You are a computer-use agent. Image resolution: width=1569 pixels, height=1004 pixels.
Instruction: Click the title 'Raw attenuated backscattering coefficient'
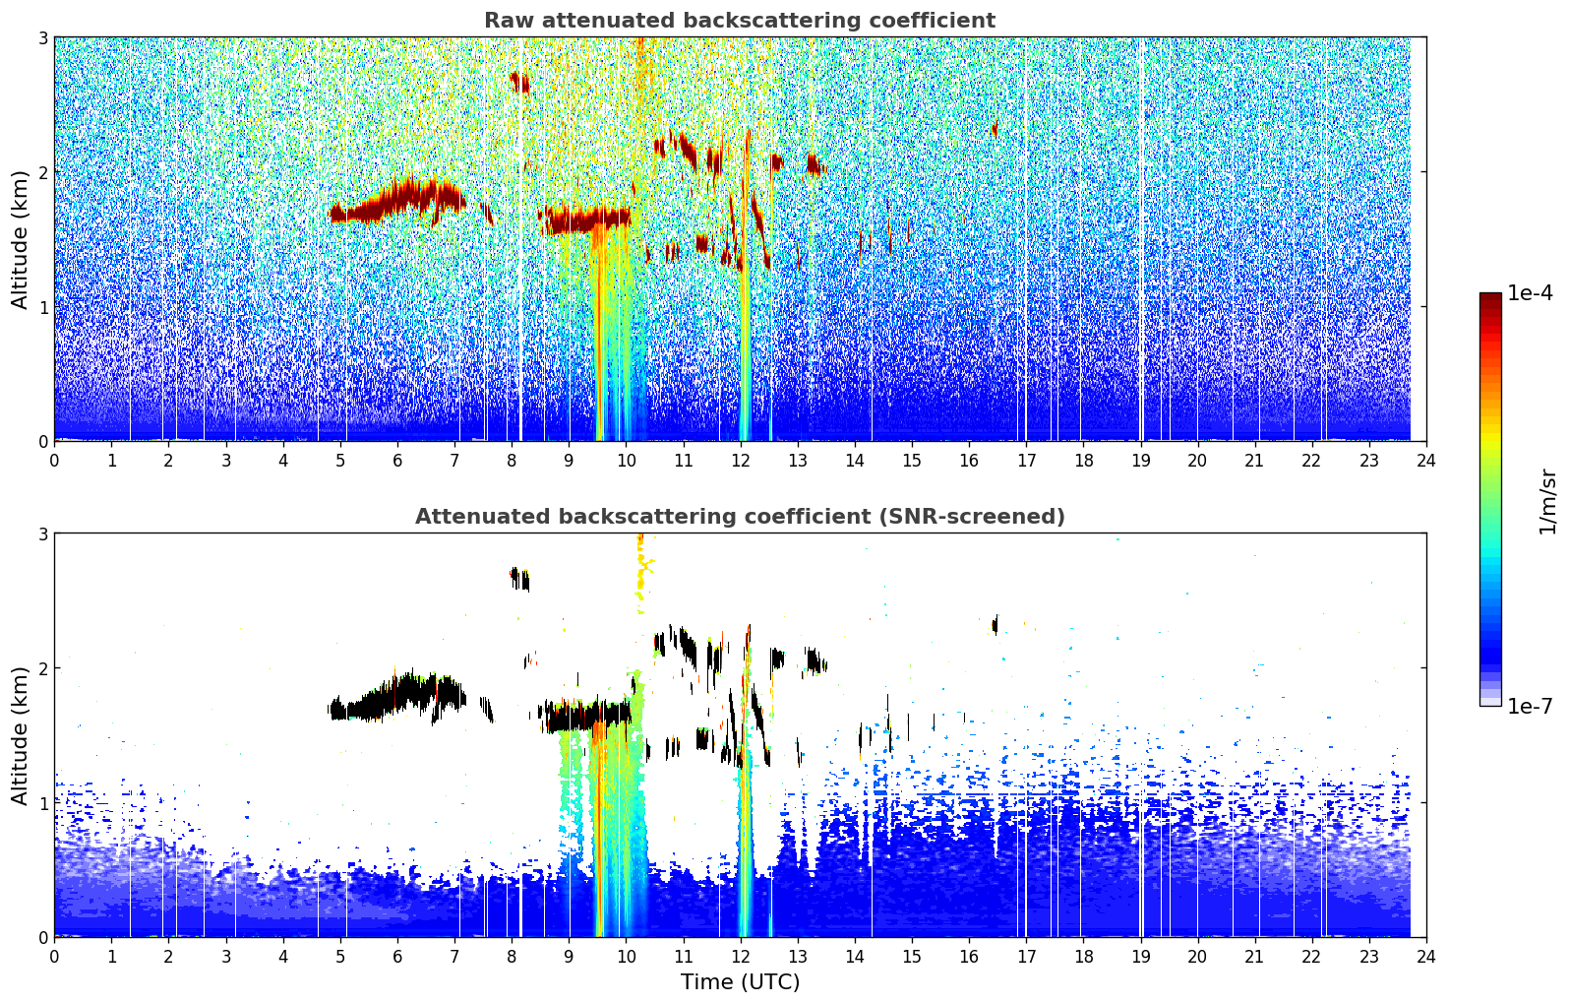coord(740,21)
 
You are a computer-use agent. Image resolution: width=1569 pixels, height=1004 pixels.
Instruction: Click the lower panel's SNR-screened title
coord(740,517)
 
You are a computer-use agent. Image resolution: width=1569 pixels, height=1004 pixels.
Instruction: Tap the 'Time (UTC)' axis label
coord(740,982)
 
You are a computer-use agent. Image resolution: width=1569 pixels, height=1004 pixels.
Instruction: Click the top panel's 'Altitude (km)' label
coord(20,240)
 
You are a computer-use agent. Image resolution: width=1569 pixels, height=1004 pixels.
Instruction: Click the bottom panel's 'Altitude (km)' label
coord(20,736)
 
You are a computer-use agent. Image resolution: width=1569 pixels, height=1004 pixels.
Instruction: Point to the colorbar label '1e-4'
coord(1530,293)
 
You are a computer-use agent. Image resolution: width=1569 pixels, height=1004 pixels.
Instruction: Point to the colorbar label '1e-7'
coord(1530,706)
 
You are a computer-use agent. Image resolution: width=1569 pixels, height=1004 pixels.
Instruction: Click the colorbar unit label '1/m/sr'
coord(1548,502)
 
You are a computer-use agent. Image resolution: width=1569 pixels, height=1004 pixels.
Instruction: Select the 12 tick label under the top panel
coord(741,461)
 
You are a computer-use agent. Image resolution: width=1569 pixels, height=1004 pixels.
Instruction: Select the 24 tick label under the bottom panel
coord(1426,957)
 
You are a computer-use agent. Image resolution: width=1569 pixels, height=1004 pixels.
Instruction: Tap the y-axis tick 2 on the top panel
coord(42,172)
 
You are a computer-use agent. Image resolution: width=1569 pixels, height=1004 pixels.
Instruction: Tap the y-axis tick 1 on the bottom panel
coord(42,803)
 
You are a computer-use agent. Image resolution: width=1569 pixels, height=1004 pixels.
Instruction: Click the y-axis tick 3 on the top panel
coord(42,37)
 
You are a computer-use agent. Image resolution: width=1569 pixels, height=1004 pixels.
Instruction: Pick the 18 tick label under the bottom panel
coord(1084,957)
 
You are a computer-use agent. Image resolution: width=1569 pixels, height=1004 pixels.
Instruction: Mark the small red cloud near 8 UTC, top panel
coord(519,83)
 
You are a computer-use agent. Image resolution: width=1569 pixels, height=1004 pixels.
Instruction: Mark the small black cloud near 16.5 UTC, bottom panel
coord(996,625)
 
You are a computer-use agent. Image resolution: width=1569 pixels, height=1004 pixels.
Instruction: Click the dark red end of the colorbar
coord(1490,297)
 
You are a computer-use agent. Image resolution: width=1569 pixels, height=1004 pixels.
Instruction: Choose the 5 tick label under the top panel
coord(340,461)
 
